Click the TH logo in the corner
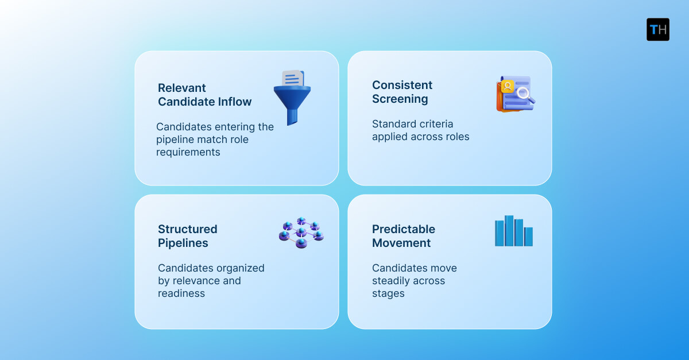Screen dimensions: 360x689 (x=657, y=29)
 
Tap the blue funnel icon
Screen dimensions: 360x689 (x=292, y=100)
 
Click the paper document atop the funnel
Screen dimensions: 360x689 (x=293, y=79)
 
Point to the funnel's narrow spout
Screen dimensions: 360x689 (x=292, y=117)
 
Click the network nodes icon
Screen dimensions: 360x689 (x=301, y=233)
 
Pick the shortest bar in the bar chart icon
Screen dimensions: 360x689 (x=528, y=237)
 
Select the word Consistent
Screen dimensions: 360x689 (x=402, y=85)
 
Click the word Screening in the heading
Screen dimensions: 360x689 (x=400, y=99)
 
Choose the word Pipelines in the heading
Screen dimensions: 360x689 (x=183, y=243)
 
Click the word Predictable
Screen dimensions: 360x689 (x=404, y=229)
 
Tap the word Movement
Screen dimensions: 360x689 (x=401, y=243)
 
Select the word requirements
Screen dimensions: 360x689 (x=188, y=152)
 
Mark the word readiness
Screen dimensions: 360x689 (x=181, y=293)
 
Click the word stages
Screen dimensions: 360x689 (x=388, y=293)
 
